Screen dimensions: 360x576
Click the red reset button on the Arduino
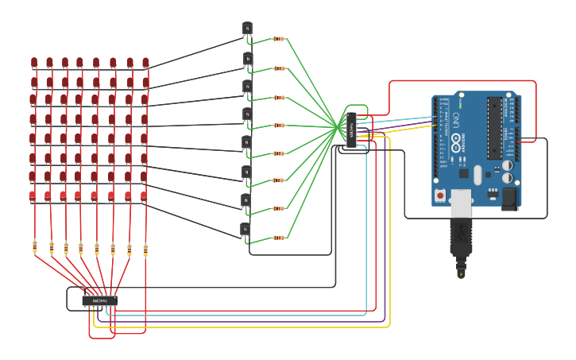pyautogui.click(x=439, y=195)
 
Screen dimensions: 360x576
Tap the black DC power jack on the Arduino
pyautogui.click(x=509, y=198)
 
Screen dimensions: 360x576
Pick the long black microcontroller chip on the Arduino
pyautogui.click(x=495, y=128)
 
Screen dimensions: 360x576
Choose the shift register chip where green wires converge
pyautogui.click(x=351, y=130)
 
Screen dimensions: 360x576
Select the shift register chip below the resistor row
pyautogui.click(x=100, y=300)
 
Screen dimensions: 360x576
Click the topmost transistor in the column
pyautogui.click(x=247, y=29)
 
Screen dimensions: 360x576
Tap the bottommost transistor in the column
pyautogui.click(x=245, y=230)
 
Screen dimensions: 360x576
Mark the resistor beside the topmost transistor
pyautogui.click(x=279, y=38)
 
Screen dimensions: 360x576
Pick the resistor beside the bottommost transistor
pyautogui.click(x=279, y=238)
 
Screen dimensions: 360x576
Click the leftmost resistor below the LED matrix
pyautogui.click(x=35, y=247)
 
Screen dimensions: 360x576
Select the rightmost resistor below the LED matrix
pyautogui.click(x=145, y=250)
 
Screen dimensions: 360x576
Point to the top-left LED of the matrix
pyautogui.click(x=34, y=62)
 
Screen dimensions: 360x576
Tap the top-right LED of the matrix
pyautogui.click(x=145, y=62)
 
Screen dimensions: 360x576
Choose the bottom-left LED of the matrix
pyautogui.click(x=33, y=195)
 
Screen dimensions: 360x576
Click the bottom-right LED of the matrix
pyautogui.click(x=144, y=195)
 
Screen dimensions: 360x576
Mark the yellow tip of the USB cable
pyautogui.click(x=461, y=274)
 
